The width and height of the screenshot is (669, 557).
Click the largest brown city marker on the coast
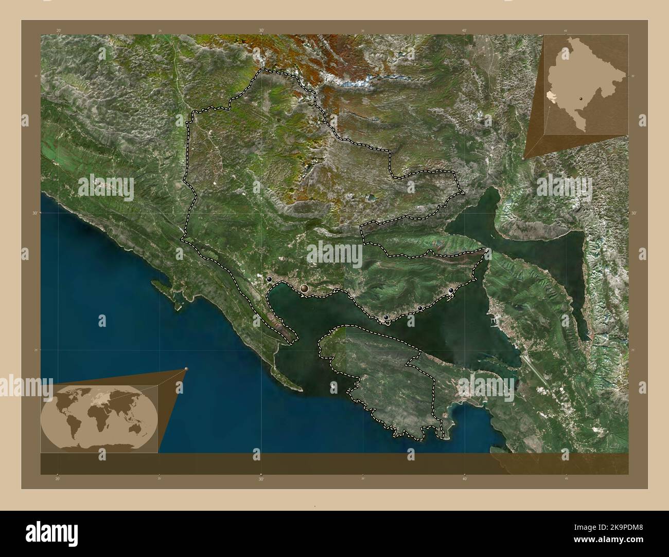[x=305, y=289]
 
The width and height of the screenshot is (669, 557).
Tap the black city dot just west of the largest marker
[x=270, y=279]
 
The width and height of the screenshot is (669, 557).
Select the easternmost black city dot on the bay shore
[x=451, y=291]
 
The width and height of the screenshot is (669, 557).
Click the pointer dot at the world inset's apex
[x=186, y=369]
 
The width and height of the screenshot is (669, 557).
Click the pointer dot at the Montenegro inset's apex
[x=524, y=159]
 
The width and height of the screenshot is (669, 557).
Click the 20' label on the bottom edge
[x=58, y=479]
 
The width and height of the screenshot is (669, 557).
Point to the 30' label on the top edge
[x=261, y=30]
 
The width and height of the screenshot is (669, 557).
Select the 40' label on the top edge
[x=464, y=30]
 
